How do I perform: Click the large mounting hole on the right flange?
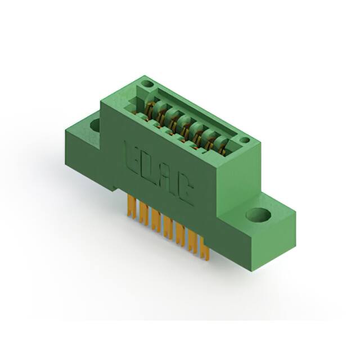click(258, 215)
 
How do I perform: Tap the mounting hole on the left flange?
click(94, 125)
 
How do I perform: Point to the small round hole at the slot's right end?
click(244, 140)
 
